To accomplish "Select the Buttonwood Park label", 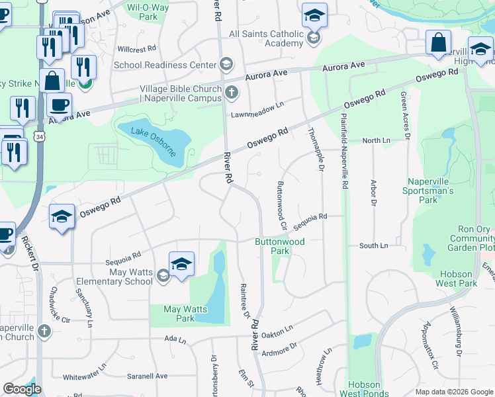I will pos(280,246).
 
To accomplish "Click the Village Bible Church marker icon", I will pos(231,93).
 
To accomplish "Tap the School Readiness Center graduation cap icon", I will pos(226,65).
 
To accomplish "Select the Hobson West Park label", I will pos(457,278).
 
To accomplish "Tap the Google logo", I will pos(22,389).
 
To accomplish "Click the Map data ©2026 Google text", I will pos(453,392).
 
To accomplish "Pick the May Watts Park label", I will pos(185,314).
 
